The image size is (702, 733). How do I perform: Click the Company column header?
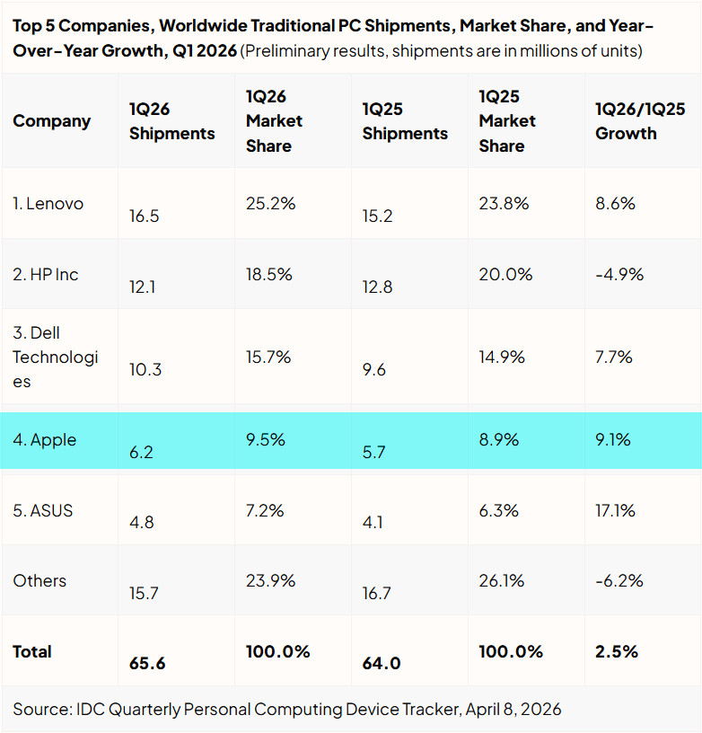coord(51,121)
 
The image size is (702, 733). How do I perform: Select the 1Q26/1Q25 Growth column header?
coord(640,121)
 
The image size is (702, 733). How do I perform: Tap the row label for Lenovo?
coord(48,204)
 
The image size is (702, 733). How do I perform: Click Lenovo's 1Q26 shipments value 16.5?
coord(144,216)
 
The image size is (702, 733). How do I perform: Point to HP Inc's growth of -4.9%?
coord(619,274)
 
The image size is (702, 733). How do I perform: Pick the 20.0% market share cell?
coord(505,274)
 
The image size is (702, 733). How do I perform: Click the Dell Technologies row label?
coord(55,358)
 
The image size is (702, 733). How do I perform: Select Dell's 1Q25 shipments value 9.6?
coord(374,370)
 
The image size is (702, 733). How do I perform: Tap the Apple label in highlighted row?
coord(44,440)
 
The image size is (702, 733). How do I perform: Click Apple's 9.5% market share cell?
coord(266,440)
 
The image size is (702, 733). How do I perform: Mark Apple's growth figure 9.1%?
coord(613,440)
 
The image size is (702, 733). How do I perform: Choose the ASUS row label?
coord(43,510)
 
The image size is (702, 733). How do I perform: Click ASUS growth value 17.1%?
coord(615,510)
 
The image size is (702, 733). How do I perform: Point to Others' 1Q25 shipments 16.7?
coord(376,593)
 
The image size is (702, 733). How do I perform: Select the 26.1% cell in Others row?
coord(501,581)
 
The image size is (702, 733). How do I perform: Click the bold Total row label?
coord(32,651)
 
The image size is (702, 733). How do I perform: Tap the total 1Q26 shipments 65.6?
coord(147,663)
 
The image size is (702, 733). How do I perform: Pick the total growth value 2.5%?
coord(617,651)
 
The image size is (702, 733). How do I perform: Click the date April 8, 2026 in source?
coord(513,710)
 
